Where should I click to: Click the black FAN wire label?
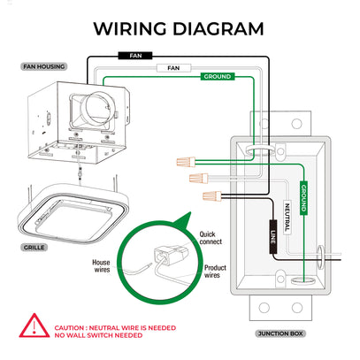(x=135, y=56)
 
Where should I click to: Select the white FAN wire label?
(x=173, y=68)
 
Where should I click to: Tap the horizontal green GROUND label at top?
(x=218, y=77)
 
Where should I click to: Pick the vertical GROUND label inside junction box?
(x=303, y=198)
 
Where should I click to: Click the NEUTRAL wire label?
(x=287, y=218)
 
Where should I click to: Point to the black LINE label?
(x=273, y=237)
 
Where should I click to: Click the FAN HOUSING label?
(x=44, y=66)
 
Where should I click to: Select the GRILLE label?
(x=34, y=248)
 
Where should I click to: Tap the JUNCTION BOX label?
(x=280, y=333)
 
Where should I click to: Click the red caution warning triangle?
(x=34, y=326)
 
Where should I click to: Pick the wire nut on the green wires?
(x=186, y=162)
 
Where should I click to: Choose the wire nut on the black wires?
(x=211, y=195)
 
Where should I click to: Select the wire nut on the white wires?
(x=199, y=178)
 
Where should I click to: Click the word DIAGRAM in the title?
(x=218, y=29)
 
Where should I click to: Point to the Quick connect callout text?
(x=211, y=238)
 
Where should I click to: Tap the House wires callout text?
(x=101, y=266)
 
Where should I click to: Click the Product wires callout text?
(x=215, y=272)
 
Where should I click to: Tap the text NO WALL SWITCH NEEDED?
(x=98, y=335)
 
